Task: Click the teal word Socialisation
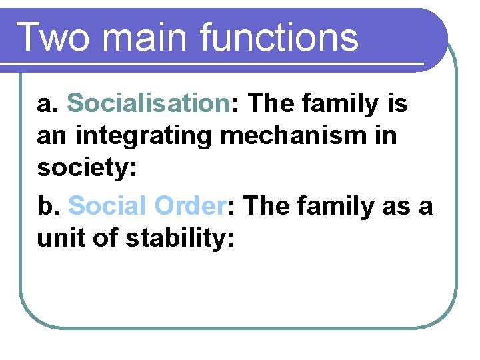pos(149,104)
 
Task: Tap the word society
pos(84,168)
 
